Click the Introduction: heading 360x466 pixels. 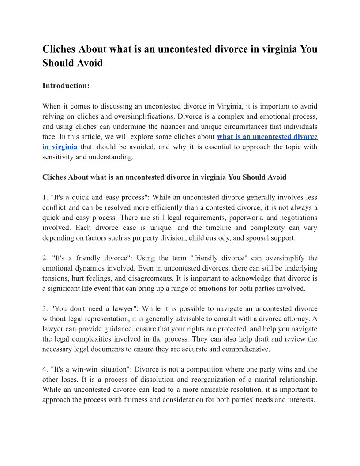(x=66, y=86)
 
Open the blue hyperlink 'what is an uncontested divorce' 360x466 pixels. (x=267, y=137)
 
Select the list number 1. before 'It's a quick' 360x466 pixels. (x=45, y=197)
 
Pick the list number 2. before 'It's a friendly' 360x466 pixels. (x=45, y=258)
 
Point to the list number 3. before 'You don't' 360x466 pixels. (x=45, y=308)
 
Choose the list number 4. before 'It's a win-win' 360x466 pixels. (x=45, y=369)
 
